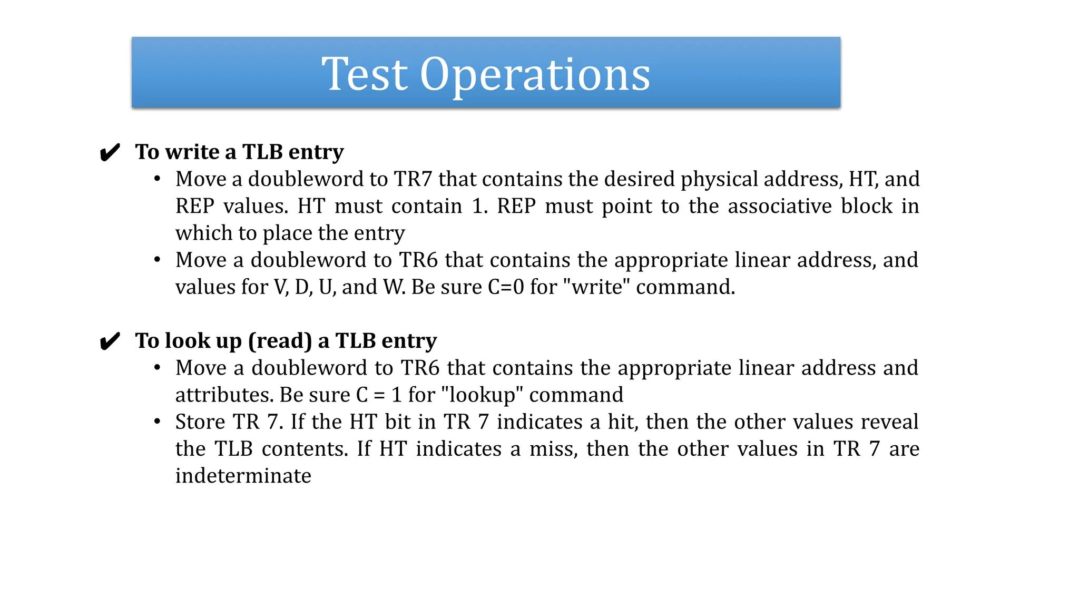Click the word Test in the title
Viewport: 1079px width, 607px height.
coord(365,74)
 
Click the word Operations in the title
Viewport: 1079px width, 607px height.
coord(535,74)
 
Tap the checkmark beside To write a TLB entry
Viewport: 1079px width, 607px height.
coord(110,153)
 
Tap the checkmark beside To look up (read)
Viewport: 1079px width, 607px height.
coord(110,341)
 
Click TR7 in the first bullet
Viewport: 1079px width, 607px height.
coord(413,179)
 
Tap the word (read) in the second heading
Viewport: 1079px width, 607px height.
coord(280,341)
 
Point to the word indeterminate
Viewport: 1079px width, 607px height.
coord(243,476)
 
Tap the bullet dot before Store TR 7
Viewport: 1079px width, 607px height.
coord(157,422)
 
